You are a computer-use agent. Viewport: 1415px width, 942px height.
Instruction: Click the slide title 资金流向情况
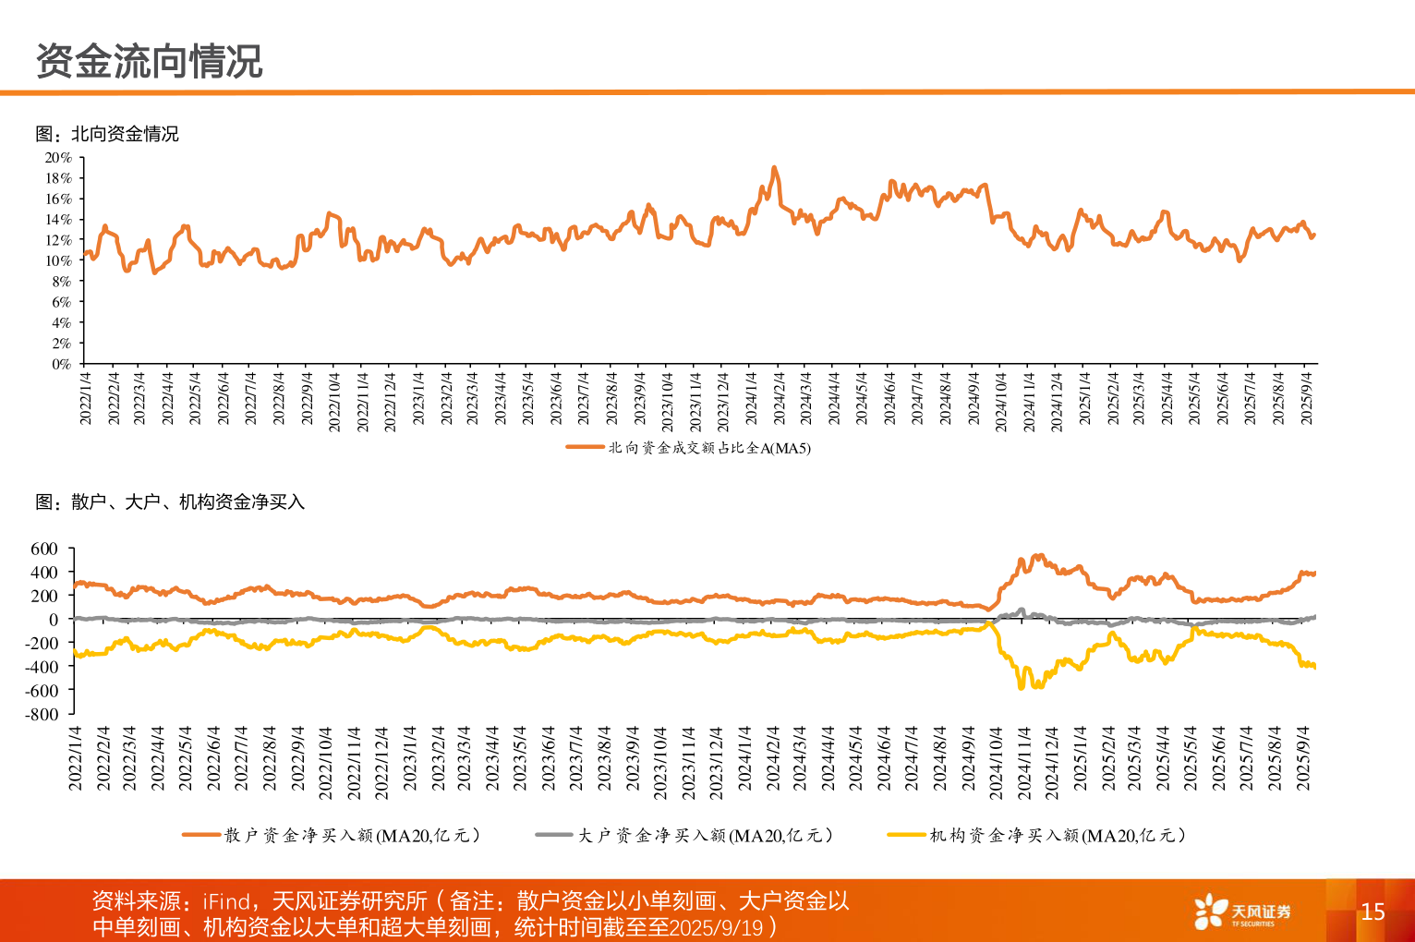coord(149,62)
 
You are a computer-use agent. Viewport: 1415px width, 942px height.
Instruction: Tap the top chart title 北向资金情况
coord(107,134)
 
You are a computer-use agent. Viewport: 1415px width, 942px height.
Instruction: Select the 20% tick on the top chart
coord(58,158)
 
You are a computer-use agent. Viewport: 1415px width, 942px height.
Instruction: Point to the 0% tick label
coord(61,364)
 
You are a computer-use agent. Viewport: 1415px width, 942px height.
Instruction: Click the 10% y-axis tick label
coord(58,260)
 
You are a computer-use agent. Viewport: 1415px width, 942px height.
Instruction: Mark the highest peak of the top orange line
coord(774,168)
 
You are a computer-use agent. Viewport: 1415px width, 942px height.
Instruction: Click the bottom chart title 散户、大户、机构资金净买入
coord(170,501)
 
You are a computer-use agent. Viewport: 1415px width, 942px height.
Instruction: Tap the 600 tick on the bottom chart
coord(44,549)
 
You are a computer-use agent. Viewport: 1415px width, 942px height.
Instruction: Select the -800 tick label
coord(42,714)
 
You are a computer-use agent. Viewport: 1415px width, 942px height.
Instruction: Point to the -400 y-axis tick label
coord(42,666)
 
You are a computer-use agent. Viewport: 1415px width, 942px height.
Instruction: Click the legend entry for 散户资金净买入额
coord(351,835)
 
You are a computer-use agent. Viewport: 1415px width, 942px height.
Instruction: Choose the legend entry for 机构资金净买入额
coord(1057,835)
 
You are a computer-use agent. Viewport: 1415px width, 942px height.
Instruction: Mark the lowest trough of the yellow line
coord(1021,687)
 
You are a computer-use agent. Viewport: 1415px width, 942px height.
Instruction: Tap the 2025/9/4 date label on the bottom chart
coord(1304,758)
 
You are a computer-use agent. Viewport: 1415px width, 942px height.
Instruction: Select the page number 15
coord(1373,912)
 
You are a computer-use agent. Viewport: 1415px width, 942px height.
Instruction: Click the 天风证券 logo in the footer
coord(1242,912)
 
